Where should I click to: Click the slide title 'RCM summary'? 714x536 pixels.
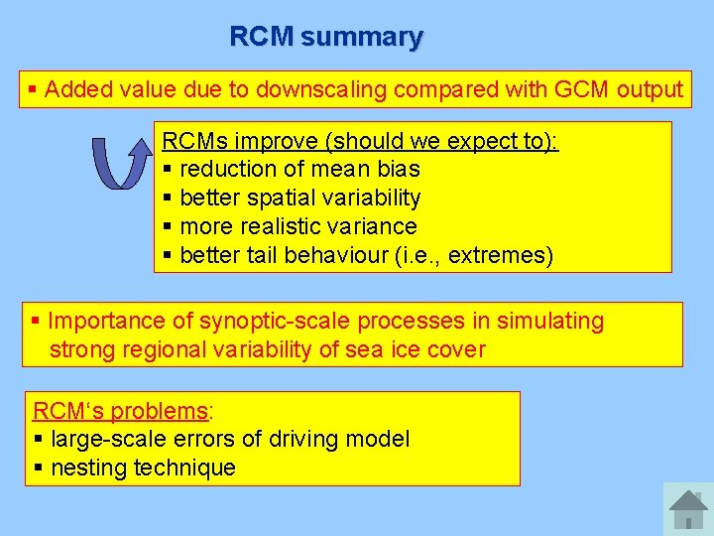pyautogui.click(x=325, y=37)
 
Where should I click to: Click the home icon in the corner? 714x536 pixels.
pyautogui.click(x=687, y=509)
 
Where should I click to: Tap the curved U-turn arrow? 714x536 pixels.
pyautogui.click(x=115, y=162)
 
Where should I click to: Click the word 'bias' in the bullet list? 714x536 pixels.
pyautogui.click(x=398, y=170)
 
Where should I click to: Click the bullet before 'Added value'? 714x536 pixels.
pyautogui.click(x=33, y=90)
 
